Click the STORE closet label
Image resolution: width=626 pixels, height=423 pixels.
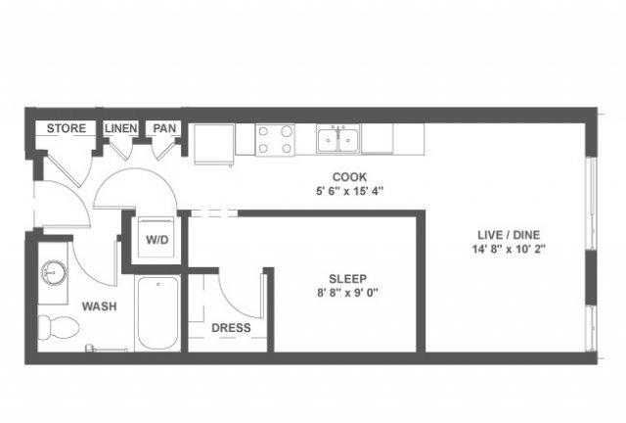tap(67, 128)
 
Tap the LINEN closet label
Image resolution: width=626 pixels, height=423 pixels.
tap(121, 128)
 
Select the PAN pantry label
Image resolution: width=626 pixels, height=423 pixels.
tap(164, 128)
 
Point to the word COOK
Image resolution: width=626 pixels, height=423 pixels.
tap(350, 176)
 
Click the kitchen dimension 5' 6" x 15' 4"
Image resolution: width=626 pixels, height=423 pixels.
tap(350, 191)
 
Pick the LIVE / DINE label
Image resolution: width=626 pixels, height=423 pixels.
tap(509, 235)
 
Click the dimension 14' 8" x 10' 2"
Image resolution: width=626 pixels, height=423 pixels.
tap(509, 249)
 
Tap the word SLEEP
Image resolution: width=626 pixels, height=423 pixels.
tap(348, 279)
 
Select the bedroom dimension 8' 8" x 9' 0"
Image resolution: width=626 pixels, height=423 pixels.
tap(348, 293)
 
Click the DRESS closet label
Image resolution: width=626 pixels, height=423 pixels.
tap(231, 328)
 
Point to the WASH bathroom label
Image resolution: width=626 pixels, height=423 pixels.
tap(100, 306)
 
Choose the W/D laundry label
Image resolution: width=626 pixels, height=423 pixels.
tap(156, 240)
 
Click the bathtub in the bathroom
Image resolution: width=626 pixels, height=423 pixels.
tap(157, 313)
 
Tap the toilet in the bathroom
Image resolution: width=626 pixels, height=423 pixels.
tap(59, 327)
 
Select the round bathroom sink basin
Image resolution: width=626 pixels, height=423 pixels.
tap(54, 272)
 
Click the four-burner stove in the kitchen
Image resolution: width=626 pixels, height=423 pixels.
tap(275, 140)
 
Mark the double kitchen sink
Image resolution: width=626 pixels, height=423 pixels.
tap(338, 138)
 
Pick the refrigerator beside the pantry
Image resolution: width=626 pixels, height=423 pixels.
tap(213, 144)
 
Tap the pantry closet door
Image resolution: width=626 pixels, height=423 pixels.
tap(163, 151)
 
